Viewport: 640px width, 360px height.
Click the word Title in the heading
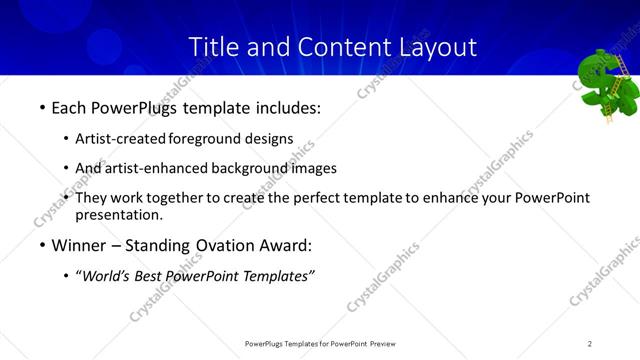(x=211, y=46)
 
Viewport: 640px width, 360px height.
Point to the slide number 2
(x=590, y=343)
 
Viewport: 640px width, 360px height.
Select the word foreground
(x=206, y=139)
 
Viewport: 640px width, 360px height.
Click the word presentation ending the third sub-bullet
(x=115, y=215)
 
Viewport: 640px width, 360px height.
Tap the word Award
(x=282, y=245)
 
